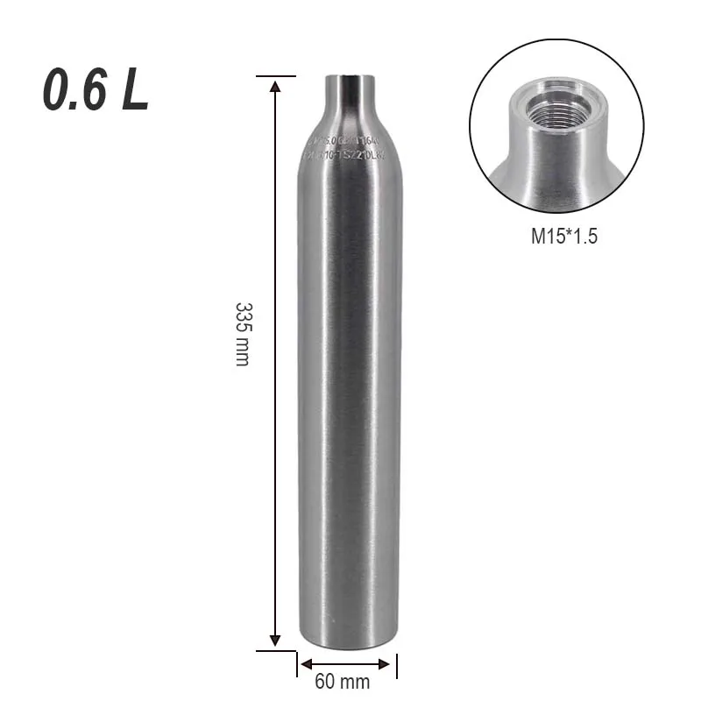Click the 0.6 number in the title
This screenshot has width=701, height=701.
77,93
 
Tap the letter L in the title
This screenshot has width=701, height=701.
134,93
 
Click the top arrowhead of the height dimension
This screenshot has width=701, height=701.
275,85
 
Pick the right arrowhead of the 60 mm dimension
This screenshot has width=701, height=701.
388,663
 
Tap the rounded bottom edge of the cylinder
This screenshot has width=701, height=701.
347,644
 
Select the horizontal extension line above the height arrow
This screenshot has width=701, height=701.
275,76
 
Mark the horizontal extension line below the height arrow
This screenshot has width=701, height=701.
275,651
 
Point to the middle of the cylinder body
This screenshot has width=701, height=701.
347,386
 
